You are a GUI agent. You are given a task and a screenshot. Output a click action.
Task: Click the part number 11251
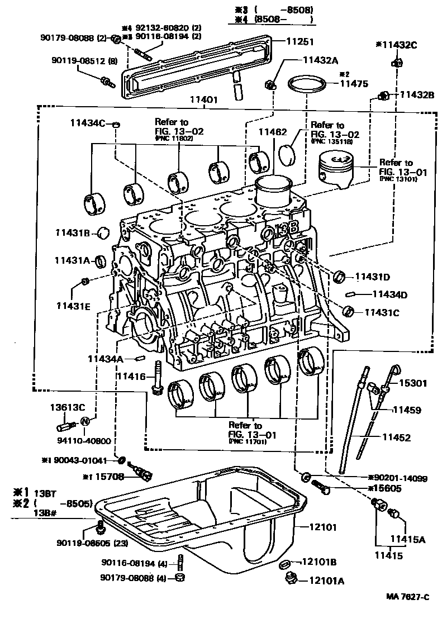[x=300, y=41]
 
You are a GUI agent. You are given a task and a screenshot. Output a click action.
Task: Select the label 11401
[x=204, y=100]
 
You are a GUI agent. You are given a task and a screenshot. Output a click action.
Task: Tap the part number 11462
[x=272, y=132]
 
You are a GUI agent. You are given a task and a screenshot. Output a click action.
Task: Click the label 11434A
[x=105, y=359]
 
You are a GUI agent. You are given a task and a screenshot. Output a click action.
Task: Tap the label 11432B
[x=416, y=96]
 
